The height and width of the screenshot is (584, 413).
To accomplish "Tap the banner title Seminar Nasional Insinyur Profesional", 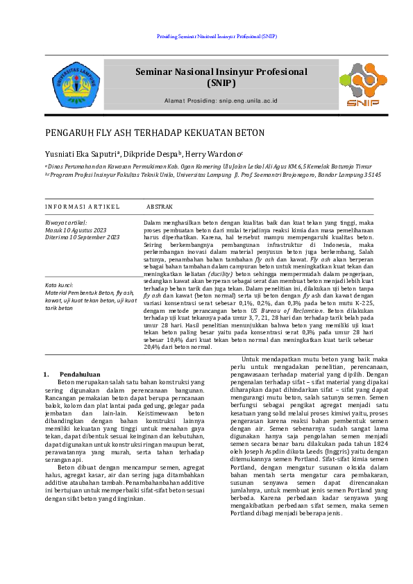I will (x=221, y=71).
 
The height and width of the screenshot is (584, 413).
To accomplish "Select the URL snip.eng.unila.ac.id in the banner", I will (x=248, y=101).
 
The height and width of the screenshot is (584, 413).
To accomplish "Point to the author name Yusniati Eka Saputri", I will (x=82, y=155).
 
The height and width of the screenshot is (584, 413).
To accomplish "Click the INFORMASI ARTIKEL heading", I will (x=82, y=207).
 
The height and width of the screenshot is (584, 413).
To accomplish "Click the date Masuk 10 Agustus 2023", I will (x=76, y=230).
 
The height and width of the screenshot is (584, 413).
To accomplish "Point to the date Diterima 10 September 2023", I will (x=82, y=237).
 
